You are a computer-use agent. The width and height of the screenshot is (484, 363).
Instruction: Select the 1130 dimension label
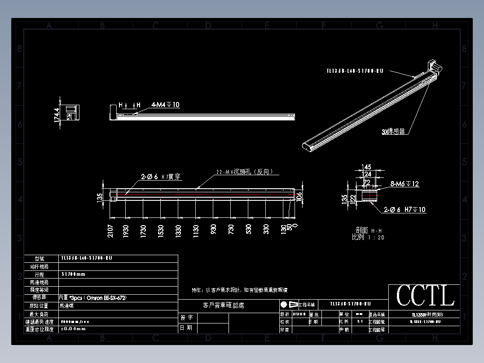(196, 231)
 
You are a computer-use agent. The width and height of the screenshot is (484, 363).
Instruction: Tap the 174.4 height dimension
(57, 117)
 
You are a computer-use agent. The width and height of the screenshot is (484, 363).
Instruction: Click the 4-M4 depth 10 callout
(165, 105)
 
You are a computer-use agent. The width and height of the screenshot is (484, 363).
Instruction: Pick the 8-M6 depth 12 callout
(405, 184)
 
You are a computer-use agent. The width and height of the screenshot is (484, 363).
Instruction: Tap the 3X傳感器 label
(393, 131)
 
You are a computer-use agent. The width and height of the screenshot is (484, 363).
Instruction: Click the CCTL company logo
(425, 296)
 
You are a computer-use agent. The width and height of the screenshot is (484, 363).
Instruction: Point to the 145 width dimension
(366, 167)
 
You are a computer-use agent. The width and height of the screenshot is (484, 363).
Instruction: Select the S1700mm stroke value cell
(73, 274)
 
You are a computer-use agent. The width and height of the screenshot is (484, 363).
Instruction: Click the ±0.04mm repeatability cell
(73, 329)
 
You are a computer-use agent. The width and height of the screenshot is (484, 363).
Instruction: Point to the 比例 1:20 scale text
(368, 237)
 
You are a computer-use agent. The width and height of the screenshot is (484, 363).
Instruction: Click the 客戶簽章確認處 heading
(224, 305)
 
